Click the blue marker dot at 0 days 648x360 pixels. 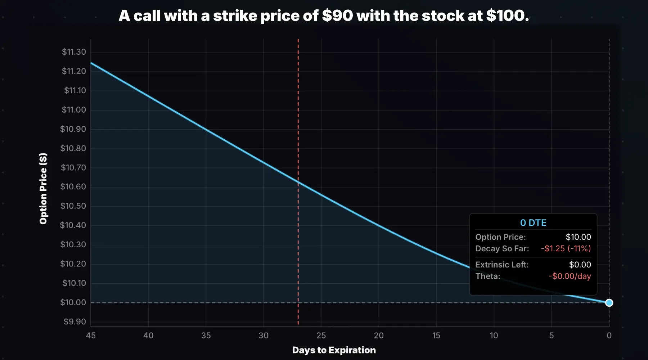(x=609, y=303)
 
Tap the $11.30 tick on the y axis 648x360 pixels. (x=74, y=52)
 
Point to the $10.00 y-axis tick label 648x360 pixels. (x=73, y=302)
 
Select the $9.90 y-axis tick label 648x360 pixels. (x=75, y=321)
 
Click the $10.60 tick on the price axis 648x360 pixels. (x=73, y=186)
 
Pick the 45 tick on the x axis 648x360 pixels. (x=91, y=336)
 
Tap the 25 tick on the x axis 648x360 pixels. (x=321, y=336)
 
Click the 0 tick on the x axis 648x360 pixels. (x=609, y=336)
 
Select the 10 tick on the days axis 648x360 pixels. (x=494, y=336)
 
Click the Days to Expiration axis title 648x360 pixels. (x=334, y=350)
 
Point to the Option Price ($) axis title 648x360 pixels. (x=43, y=189)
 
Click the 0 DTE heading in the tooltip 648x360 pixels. (x=533, y=223)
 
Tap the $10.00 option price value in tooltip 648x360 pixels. (x=578, y=237)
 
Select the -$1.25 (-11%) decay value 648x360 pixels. (x=566, y=248)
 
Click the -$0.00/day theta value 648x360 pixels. (x=570, y=276)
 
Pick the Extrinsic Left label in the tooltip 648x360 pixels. (x=502, y=265)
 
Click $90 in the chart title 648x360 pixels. (x=337, y=15)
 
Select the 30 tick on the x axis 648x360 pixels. (x=264, y=336)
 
